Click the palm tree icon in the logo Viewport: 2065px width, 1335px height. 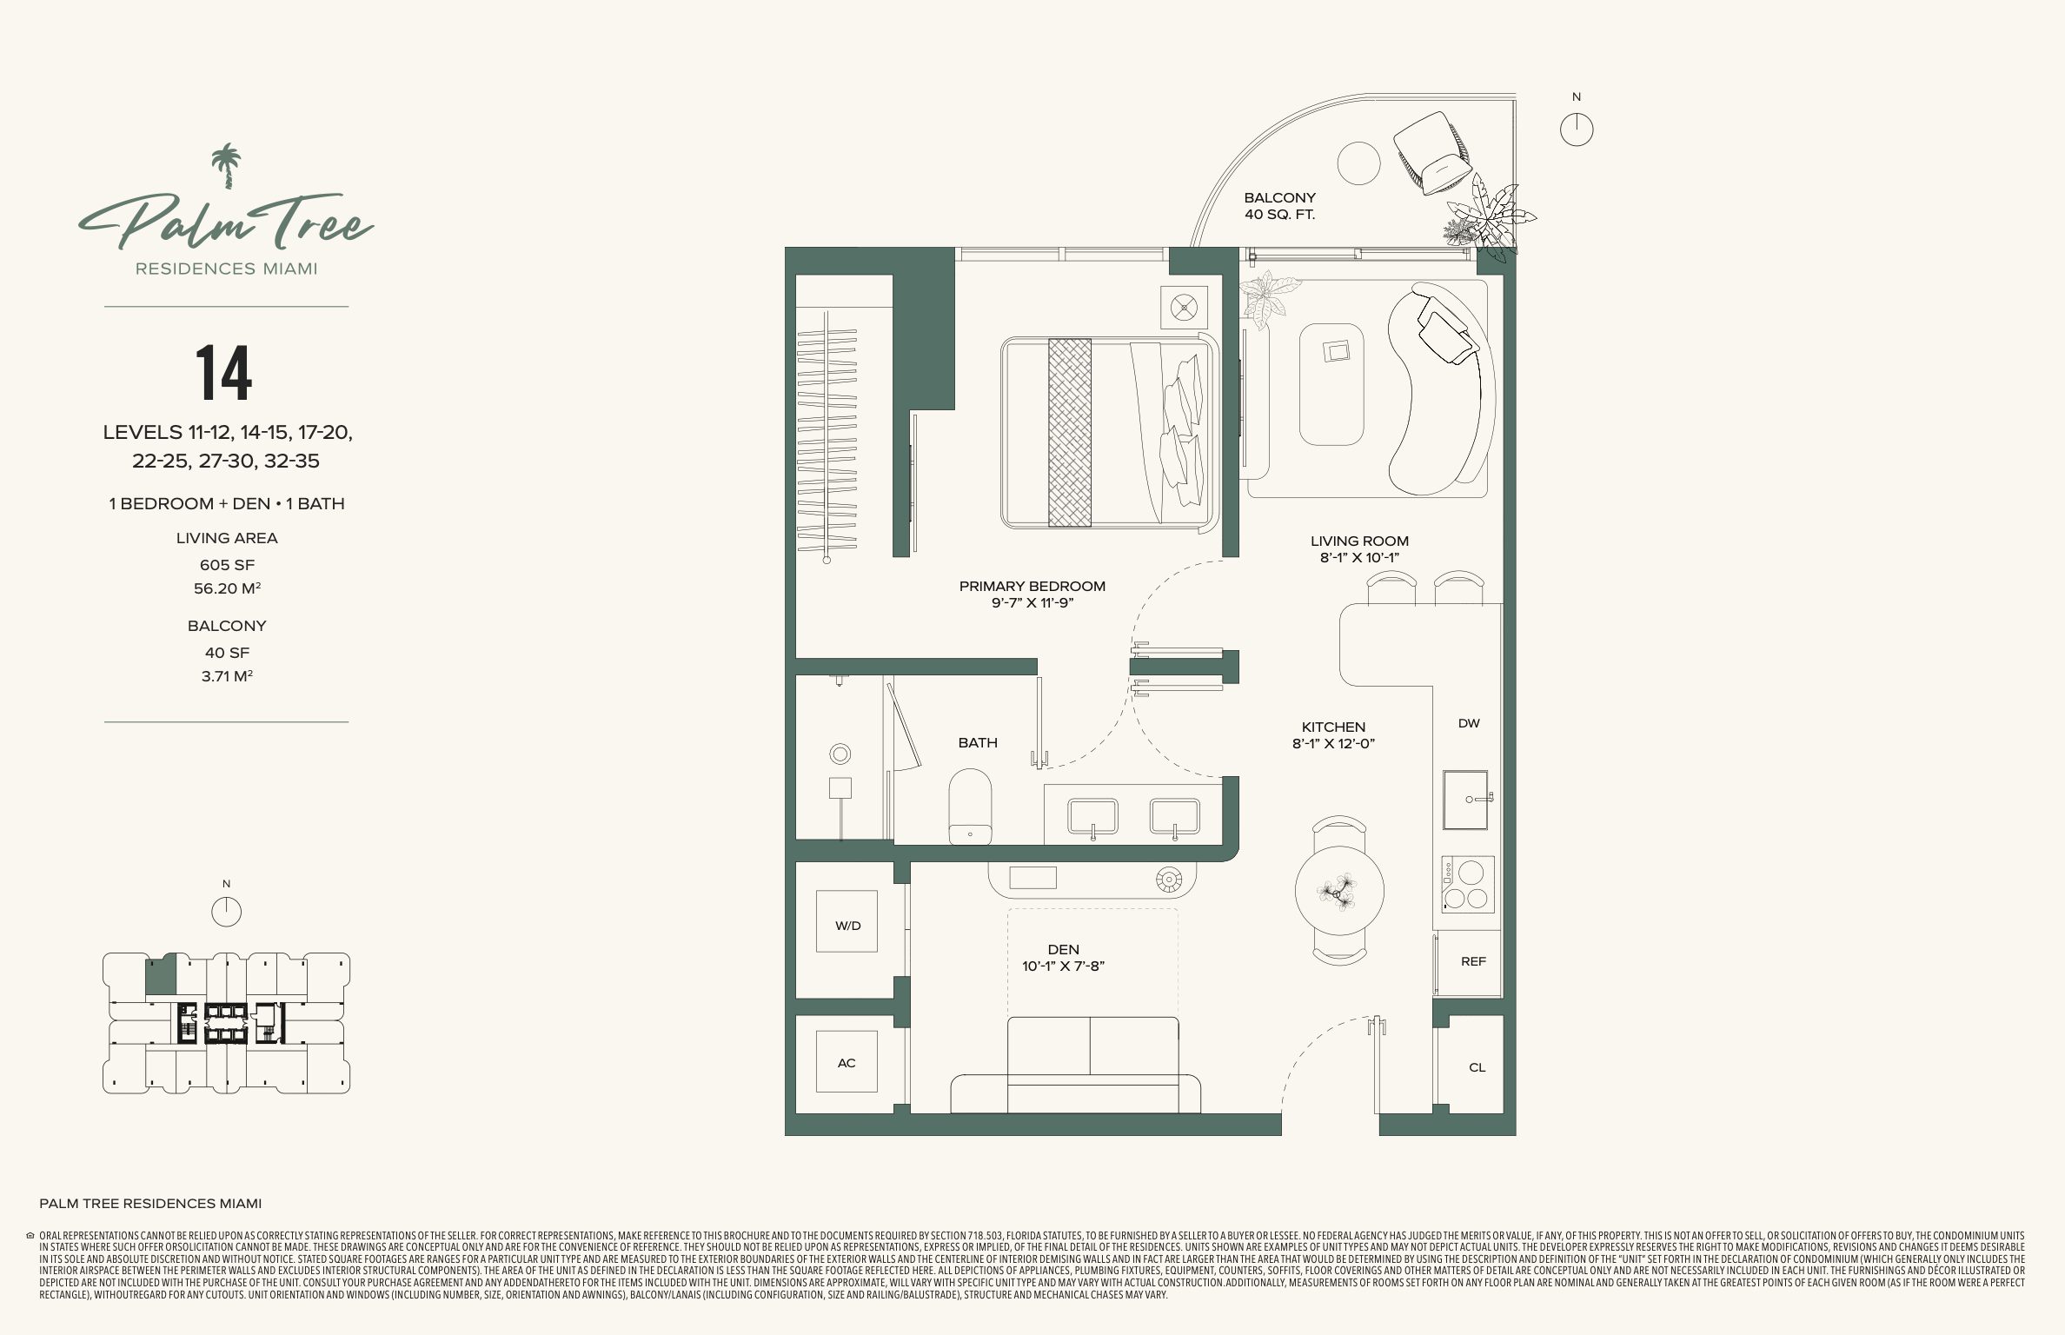pos(226,166)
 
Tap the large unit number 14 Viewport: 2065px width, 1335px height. pos(223,373)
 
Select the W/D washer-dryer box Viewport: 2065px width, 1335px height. pos(847,921)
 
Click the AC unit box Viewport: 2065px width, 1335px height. pos(847,1062)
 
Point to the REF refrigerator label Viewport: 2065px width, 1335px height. pos(1473,961)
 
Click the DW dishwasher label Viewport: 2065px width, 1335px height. pos(1469,723)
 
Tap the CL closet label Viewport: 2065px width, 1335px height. pos(1477,1067)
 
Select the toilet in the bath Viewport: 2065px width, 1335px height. pos(970,806)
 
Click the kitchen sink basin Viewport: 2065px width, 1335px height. pos(1466,800)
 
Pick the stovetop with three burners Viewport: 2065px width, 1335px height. pos(1468,885)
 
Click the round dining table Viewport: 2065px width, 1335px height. pos(1339,891)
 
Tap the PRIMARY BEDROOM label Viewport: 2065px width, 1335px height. pos(1032,586)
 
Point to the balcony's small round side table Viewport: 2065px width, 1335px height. pos(1358,163)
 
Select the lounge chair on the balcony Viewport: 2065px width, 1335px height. pos(1433,152)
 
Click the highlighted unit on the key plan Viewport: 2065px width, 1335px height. pos(160,974)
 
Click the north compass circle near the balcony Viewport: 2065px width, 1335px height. pos(1577,130)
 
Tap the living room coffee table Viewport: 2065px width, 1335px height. pos(1331,384)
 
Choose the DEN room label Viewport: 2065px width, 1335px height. pos(1063,949)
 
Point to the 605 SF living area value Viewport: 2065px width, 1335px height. pos(227,565)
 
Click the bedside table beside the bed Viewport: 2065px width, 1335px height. pos(1184,308)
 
